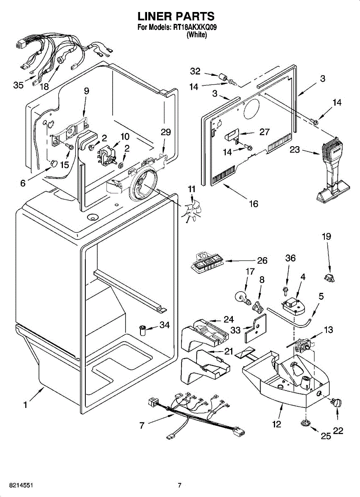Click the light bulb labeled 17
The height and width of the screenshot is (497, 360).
click(243, 299)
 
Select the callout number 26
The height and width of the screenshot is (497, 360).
click(262, 261)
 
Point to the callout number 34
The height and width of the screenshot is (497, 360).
click(165, 325)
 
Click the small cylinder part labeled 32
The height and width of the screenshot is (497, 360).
click(222, 77)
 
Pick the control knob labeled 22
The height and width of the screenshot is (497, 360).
click(336, 402)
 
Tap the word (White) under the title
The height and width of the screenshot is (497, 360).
click(197, 35)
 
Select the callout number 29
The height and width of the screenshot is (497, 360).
click(166, 132)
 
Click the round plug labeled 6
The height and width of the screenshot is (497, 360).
click(54, 164)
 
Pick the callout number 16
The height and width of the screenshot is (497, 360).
click(254, 203)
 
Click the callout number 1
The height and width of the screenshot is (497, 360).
click(26, 405)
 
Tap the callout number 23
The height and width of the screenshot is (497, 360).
click(295, 150)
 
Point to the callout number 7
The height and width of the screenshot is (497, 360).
click(142, 425)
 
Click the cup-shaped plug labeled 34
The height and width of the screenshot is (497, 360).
click(142, 331)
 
